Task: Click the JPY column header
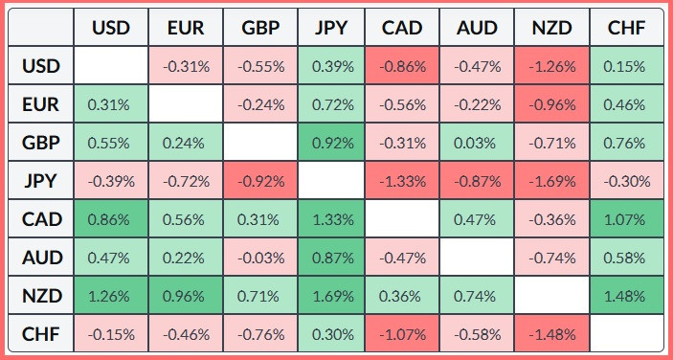[331, 28]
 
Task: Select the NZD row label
[41, 296]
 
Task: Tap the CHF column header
[627, 28]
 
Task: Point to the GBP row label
[41, 143]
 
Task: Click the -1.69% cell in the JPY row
[552, 181]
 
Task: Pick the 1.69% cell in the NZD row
[331, 296]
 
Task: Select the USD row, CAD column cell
[402, 66]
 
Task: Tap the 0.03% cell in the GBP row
[477, 143]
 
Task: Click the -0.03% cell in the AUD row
[260, 258]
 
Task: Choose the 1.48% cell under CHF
[627, 296]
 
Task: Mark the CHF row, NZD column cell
[552, 333]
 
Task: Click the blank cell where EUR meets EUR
[186, 104]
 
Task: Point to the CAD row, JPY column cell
[331, 219]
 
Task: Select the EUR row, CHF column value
[627, 104]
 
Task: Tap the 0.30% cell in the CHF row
[331, 333]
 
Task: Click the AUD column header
[477, 28]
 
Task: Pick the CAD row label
[41, 219]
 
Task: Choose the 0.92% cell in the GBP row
[331, 143]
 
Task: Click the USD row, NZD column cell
[552, 66]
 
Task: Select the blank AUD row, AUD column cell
[477, 258]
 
